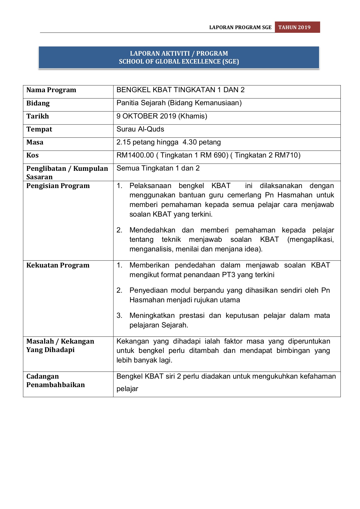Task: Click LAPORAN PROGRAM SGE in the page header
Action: [x=240, y=27]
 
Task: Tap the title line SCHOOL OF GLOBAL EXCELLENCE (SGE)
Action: [x=179, y=62]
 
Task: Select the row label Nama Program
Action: [x=51, y=90]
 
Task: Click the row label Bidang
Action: [x=38, y=103]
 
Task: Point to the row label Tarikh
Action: [x=38, y=116]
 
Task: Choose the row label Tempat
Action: [x=39, y=129]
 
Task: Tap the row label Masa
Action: [x=35, y=142]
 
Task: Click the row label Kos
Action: [x=33, y=155]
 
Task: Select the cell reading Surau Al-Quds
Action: [x=140, y=129]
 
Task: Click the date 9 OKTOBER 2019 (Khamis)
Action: [x=162, y=116]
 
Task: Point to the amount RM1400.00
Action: [x=135, y=155]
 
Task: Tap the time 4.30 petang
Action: [x=202, y=142]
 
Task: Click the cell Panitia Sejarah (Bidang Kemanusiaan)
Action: [x=179, y=103]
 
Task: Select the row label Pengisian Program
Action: [x=58, y=186]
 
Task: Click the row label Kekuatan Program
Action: [x=58, y=265]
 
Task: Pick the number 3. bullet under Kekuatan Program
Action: [x=119, y=316]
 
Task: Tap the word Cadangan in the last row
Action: [x=42, y=376]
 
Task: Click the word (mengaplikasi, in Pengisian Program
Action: [x=311, y=240]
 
